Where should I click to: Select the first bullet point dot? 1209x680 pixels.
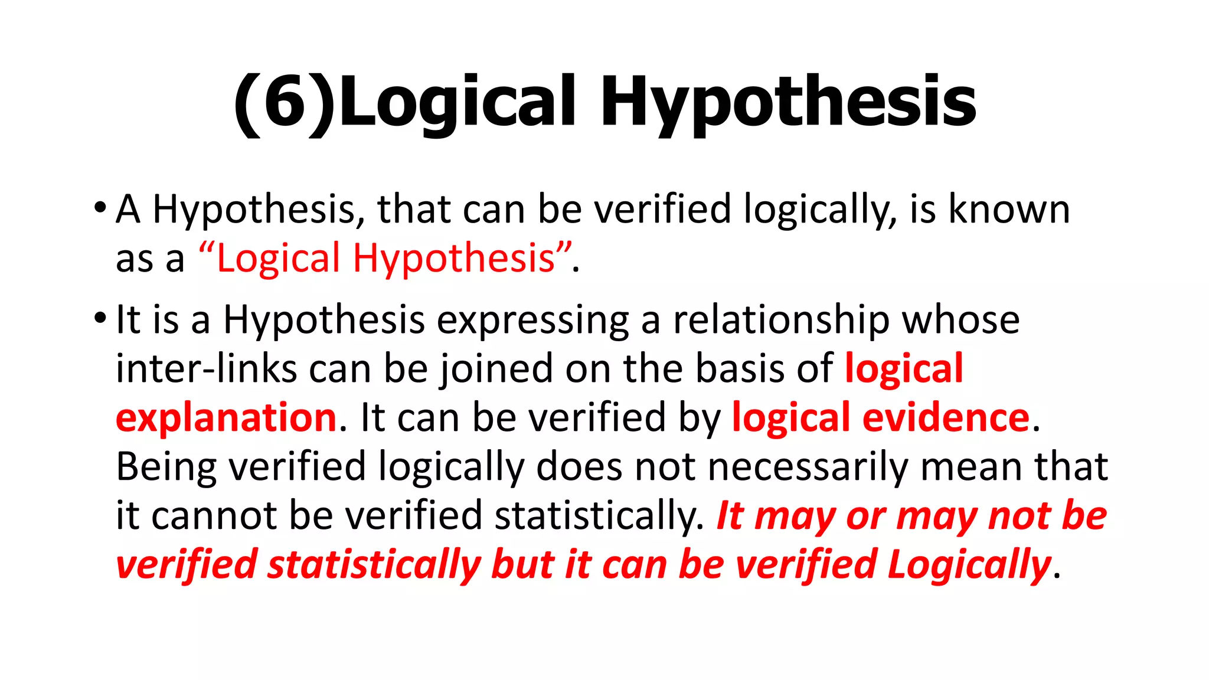[x=100, y=208]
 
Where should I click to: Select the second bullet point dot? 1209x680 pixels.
[x=100, y=319]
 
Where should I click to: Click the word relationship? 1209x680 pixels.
[x=781, y=321]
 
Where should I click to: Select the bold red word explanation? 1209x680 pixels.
[x=226, y=419]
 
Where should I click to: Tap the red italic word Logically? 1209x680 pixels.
[x=969, y=565]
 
